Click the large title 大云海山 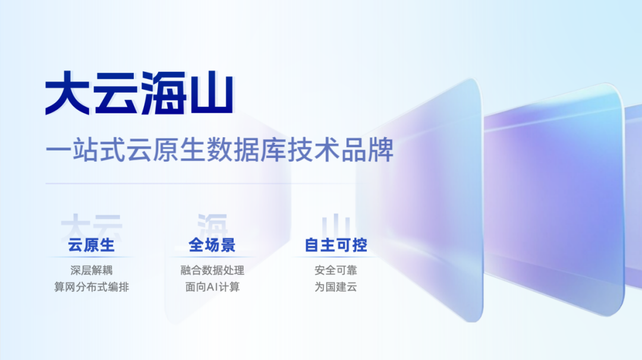tap(139, 94)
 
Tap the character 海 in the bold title tap(163, 94)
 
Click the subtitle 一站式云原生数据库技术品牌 tap(220, 150)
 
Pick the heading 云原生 tap(92, 245)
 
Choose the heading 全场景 tap(212, 245)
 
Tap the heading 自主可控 tap(336, 245)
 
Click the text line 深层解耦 tap(92, 270)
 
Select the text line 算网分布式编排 tap(92, 287)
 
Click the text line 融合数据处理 tap(212, 270)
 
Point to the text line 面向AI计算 tap(212, 287)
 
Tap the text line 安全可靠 tap(336, 270)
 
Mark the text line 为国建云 tap(336, 287)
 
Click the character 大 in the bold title tap(68, 94)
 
